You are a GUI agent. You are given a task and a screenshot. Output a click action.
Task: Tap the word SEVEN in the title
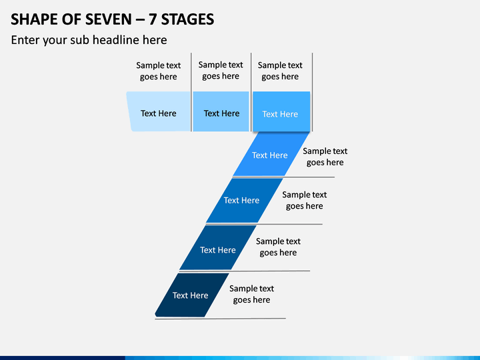tap(109, 19)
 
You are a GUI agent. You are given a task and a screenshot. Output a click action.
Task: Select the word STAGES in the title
tap(187, 19)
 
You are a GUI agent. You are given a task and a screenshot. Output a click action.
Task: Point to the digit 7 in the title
tap(153, 19)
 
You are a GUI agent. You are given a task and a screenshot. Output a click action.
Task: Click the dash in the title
tap(141, 20)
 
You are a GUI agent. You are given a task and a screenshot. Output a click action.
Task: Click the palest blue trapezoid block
tap(159, 111)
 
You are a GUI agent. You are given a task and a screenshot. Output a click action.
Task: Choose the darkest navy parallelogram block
tap(192, 295)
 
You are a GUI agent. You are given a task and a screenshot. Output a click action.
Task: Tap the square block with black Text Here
tap(221, 111)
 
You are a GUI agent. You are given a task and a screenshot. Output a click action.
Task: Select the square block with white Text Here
tap(281, 111)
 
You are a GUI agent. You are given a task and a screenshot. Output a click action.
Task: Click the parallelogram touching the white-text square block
tap(271, 154)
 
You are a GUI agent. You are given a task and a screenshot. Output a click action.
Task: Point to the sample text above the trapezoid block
tap(158, 71)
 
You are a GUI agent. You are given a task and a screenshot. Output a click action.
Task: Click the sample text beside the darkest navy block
tap(251, 294)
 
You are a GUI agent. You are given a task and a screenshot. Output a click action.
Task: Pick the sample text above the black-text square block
tap(221, 70)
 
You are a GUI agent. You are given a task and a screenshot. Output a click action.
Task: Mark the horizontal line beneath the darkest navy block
tap(221, 319)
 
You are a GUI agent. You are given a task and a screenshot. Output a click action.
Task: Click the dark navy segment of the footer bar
tap(63, 358)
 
